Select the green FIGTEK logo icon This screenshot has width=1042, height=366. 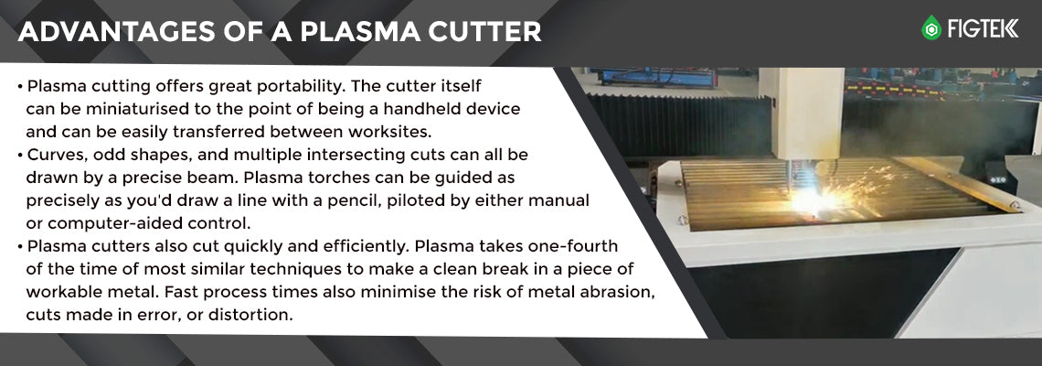coord(931,28)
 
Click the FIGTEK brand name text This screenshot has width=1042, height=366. coord(983,28)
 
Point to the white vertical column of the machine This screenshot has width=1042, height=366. coord(801,113)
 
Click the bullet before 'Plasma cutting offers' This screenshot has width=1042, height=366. coord(21,87)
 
